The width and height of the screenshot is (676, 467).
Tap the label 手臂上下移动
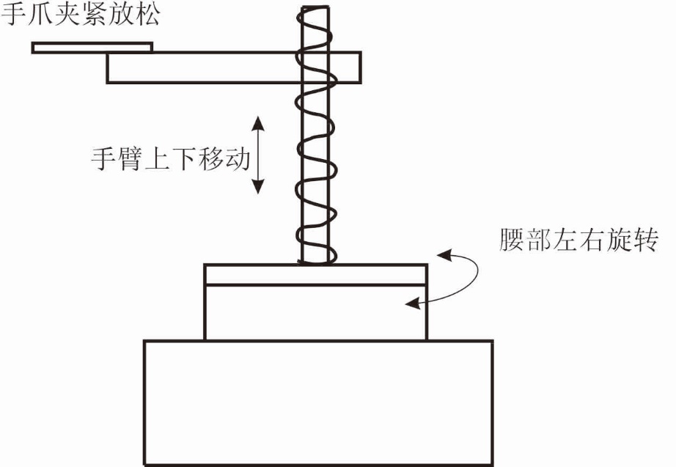coord(170,158)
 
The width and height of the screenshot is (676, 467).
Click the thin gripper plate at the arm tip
coord(92,48)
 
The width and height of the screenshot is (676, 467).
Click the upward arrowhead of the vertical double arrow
coord(257,120)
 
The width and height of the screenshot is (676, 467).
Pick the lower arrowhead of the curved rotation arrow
coord(413,301)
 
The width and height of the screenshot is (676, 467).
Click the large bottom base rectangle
coord(318,402)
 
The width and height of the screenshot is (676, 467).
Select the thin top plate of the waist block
coord(315,274)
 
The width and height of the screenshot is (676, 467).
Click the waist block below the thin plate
coord(315,312)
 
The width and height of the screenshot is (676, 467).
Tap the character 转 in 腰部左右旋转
coord(662,240)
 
